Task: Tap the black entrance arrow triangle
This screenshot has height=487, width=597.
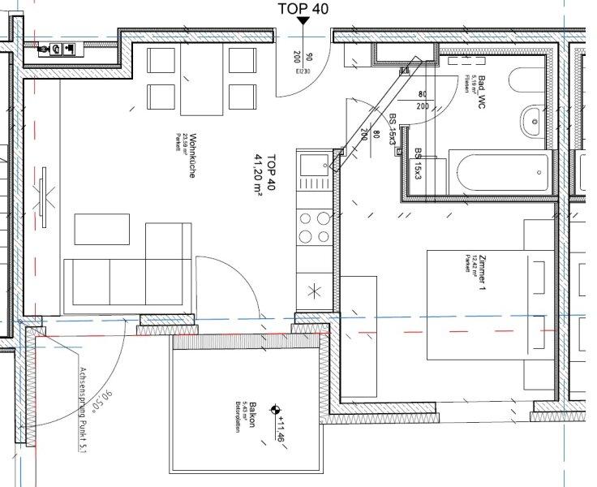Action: pos(302,24)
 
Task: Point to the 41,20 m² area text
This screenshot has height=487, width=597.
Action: pos(261,178)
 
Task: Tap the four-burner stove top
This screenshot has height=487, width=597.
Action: pos(315,227)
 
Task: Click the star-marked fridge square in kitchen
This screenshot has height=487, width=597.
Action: pos(315,290)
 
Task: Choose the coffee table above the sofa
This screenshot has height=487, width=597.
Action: pos(101,229)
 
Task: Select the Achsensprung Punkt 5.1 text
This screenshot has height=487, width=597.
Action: pos(81,410)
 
